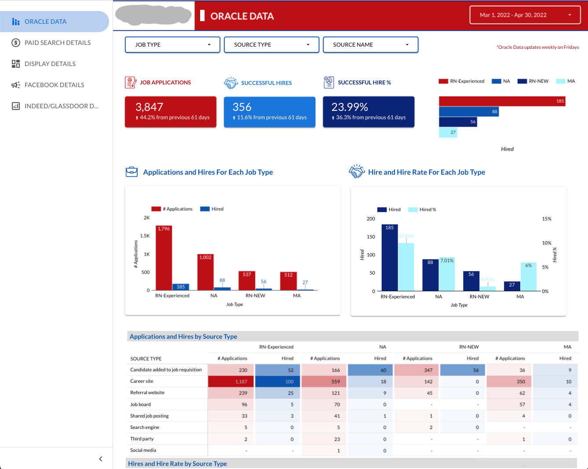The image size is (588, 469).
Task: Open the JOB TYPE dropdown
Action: coord(172,45)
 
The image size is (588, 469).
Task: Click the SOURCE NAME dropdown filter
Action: coord(370,45)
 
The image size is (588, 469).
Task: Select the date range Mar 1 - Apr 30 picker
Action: coord(525,15)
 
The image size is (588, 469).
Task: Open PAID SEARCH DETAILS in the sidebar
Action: coord(57,43)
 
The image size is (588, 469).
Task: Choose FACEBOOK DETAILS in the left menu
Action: coord(54,85)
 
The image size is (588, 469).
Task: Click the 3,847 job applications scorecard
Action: coord(171,112)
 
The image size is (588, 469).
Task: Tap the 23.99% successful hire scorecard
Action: coord(369,112)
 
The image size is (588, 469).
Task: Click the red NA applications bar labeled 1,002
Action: coord(205,273)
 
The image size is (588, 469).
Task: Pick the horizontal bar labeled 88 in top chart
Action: coord(468,112)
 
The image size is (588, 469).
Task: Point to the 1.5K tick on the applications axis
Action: coord(145,236)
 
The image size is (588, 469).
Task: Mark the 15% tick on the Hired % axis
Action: coord(547,219)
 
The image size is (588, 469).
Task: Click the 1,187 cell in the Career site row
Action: coord(231,381)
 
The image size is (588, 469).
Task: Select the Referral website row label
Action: coord(147,393)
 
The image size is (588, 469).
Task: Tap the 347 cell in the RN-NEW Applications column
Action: coord(416,370)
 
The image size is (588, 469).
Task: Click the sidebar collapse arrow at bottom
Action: coord(101,459)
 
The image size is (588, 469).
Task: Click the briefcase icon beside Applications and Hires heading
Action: coord(131,172)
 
